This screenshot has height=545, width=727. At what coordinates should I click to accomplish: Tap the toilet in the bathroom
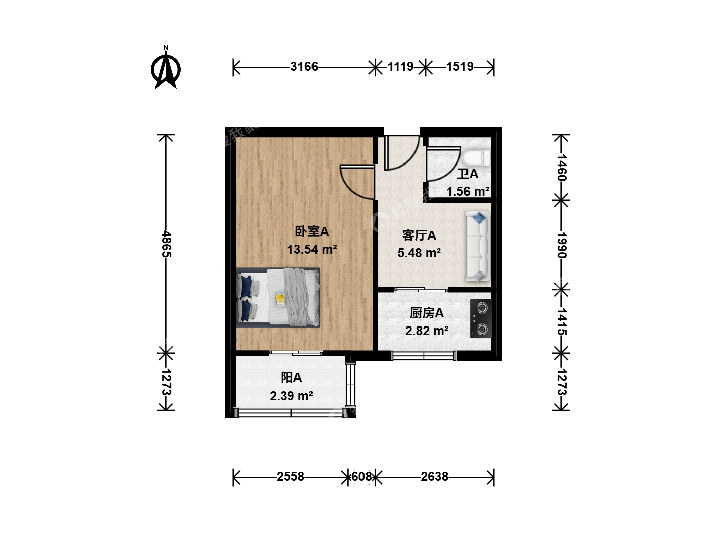click(476, 158)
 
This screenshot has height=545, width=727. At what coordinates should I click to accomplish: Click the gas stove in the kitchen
click(481, 318)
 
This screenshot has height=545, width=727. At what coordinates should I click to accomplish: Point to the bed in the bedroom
click(278, 298)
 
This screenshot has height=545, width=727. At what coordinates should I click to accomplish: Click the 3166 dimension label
click(304, 67)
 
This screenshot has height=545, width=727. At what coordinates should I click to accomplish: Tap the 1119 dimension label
click(400, 67)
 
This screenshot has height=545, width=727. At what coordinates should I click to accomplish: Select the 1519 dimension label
click(460, 67)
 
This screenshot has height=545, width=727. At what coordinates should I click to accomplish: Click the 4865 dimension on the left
click(166, 244)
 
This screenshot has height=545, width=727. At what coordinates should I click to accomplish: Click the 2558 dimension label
click(290, 476)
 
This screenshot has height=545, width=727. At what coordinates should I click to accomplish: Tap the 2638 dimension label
click(435, 476)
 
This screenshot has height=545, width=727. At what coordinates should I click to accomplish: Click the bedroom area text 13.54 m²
click(312, 249)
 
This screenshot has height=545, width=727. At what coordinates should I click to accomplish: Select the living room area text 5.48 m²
click(419, 253)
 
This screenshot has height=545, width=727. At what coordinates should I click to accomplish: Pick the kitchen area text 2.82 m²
click(427, 330)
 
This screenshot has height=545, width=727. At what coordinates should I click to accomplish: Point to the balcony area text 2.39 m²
click(291, 396)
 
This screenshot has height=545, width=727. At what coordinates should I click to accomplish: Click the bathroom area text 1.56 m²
click(468, 191)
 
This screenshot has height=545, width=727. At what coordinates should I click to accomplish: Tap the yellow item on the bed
click(280, 299)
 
